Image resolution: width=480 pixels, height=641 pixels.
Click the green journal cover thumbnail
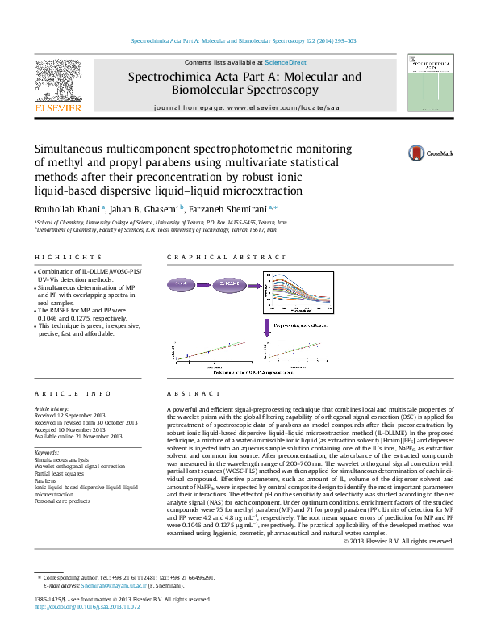coord(424,83)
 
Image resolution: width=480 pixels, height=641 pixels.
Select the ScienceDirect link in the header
coord(286,62)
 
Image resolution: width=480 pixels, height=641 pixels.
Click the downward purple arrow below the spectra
coord(266,327)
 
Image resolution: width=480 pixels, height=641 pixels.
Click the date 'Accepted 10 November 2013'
coord(73,429)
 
